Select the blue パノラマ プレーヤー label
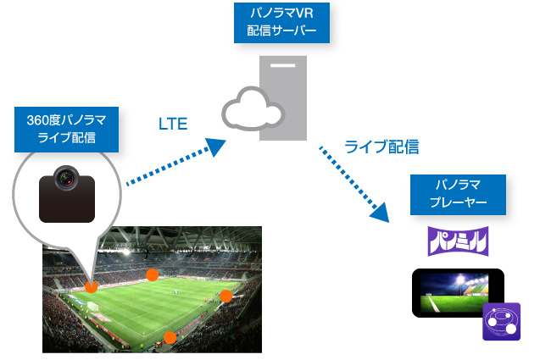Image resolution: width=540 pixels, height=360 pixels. [458, 194]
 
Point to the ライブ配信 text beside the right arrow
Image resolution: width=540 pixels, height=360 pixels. [381, 147]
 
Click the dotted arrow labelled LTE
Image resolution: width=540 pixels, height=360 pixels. [170, 163]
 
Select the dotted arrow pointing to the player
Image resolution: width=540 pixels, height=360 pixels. [352, 181]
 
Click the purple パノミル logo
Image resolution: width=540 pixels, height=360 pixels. [458, 241]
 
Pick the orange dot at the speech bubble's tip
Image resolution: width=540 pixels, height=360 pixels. [91, 286]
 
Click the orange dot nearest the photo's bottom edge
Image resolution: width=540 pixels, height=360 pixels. [170, 337]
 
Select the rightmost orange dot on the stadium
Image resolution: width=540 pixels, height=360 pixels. [225, 296]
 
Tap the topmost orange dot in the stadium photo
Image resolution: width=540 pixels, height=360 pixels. [152, 274]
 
